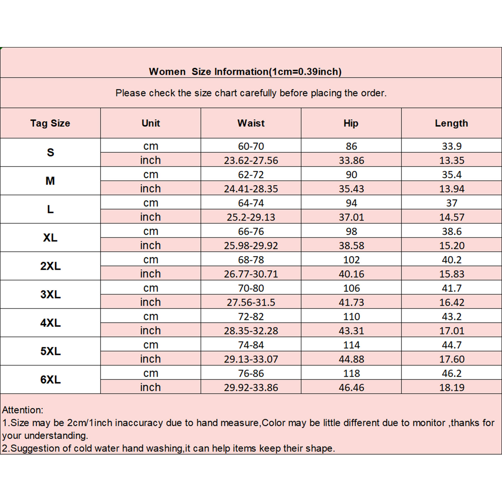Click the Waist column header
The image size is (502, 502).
click(x=251, y=123)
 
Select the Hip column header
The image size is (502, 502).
click(x=351, y=123)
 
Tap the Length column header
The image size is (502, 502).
click(x=451, y=123)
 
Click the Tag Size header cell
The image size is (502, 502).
click(x=50, y=123)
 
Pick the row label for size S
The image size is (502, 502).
click(x=50, y=152)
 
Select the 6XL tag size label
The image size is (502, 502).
click(x=50, y=380)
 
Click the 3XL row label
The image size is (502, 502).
click(x=50, y=295)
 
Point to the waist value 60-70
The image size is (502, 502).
click(x=251, y=146)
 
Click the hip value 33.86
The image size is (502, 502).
click(x=351, y=160)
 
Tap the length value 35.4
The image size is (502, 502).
click(x=451, y=174)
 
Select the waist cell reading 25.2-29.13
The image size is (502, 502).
click(x=251, y=217)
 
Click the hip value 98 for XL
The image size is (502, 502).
click(x=351, y=231)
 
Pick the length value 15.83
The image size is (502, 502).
click(x=451, y=274)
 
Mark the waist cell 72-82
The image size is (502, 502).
click(x=251, y=317)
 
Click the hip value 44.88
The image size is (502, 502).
click(x=351, y=359)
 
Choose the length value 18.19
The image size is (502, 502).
click(x=451, y=387)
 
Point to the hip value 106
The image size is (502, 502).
click(x=351, y=288)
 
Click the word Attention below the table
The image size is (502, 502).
click(x=22, y=410)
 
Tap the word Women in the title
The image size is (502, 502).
click(x=167, y=72)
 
